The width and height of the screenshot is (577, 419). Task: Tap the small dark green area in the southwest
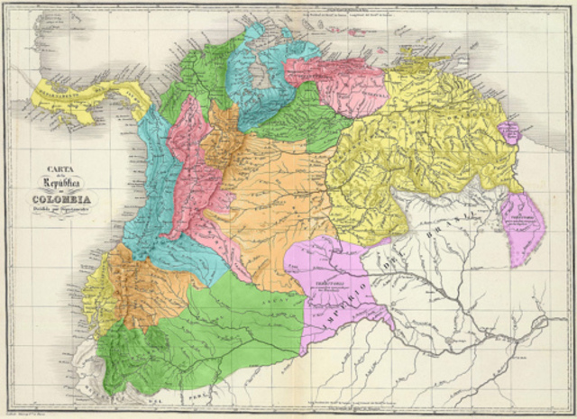tap(158, 339)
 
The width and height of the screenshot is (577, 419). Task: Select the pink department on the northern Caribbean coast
tap(334, 81)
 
